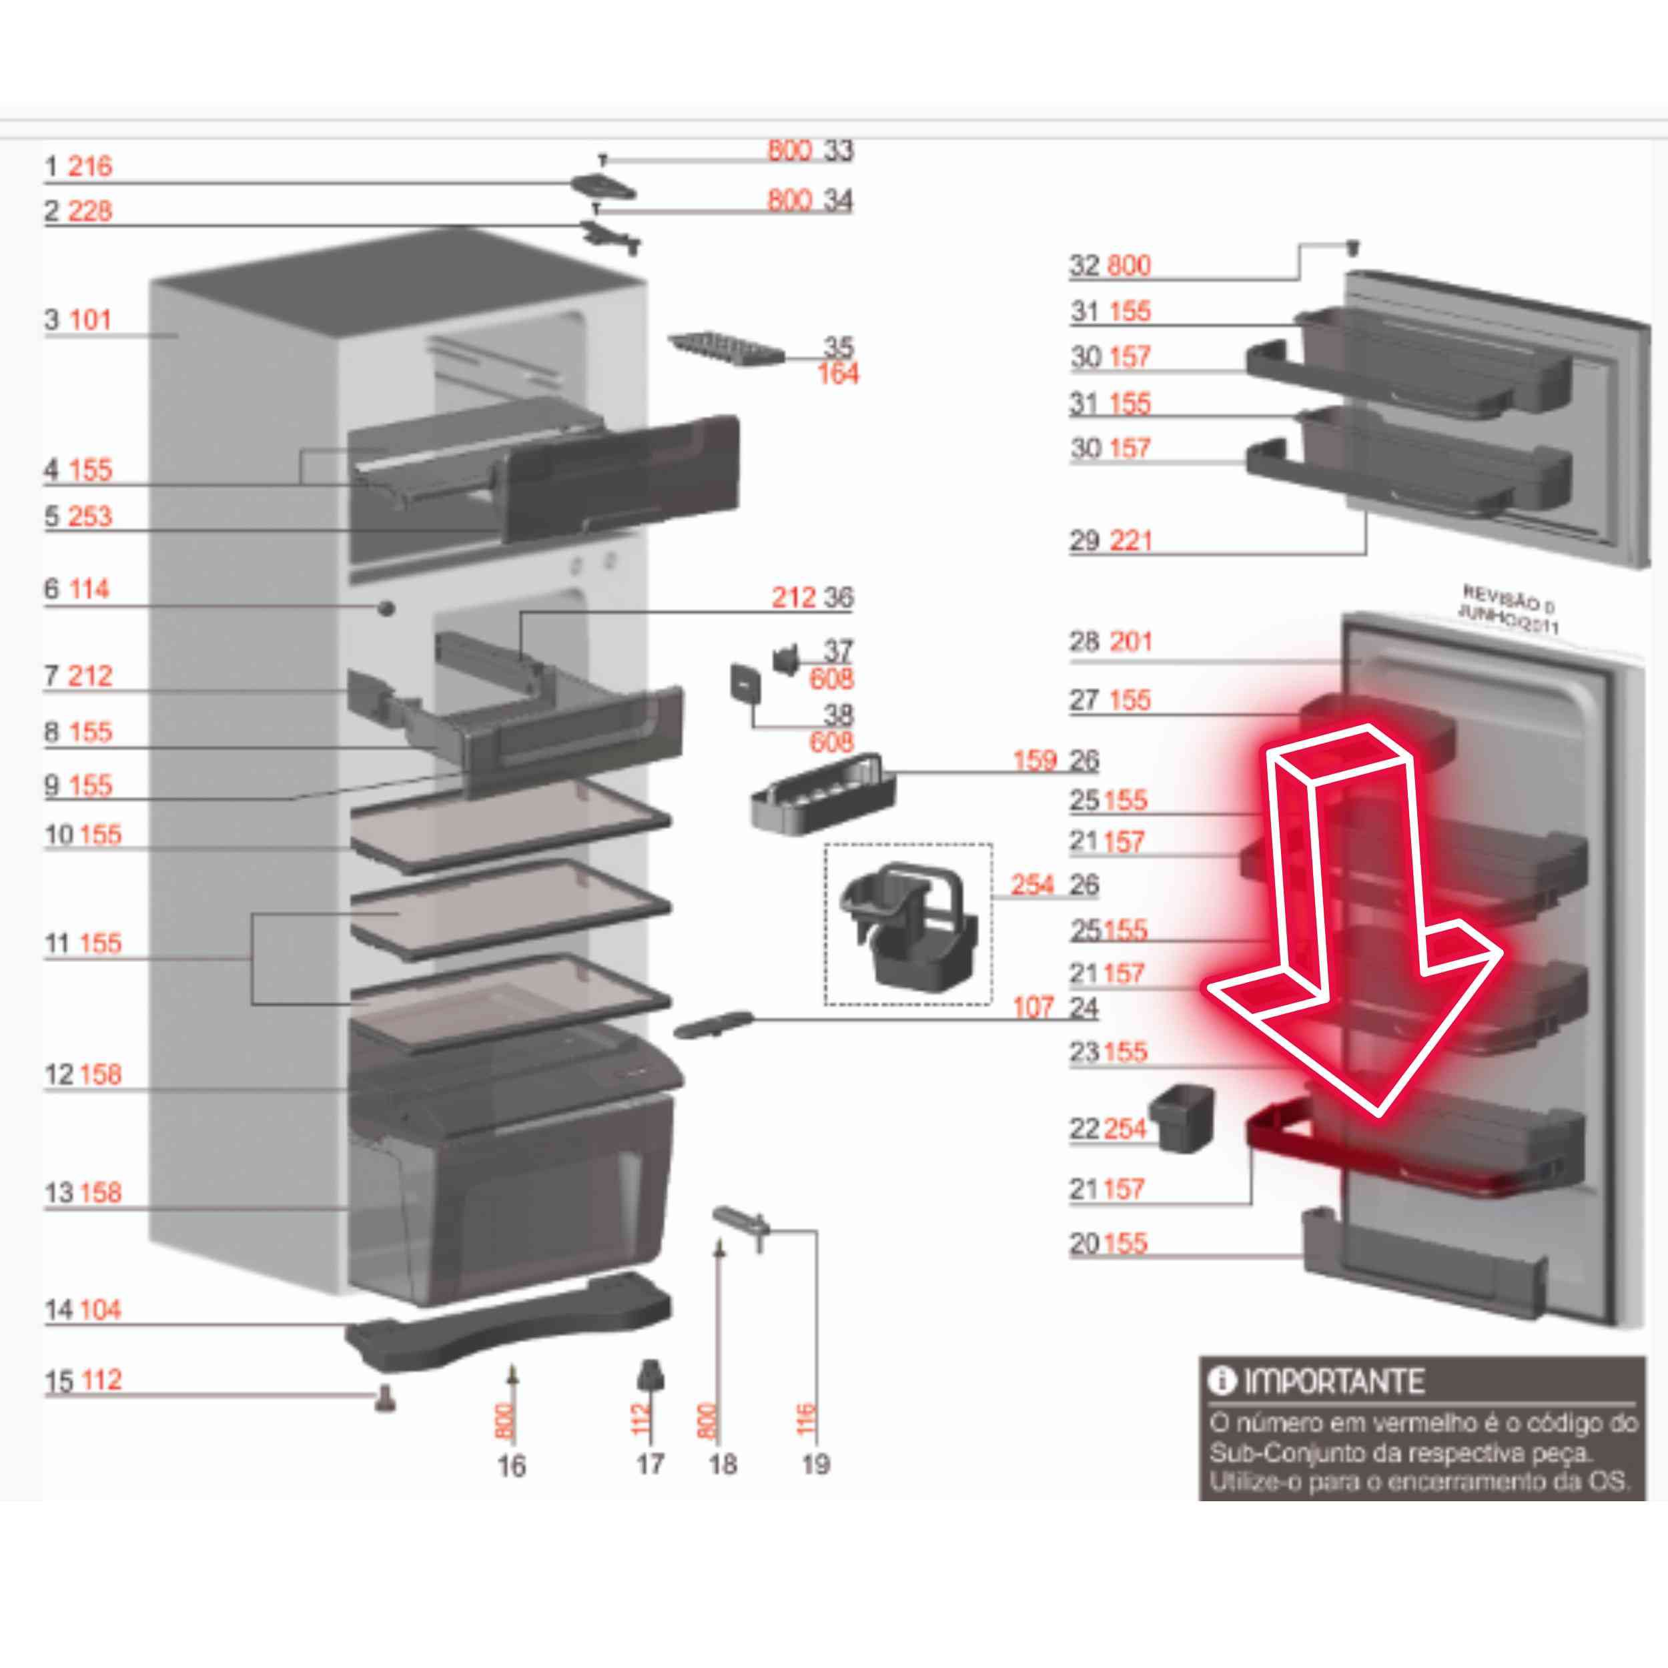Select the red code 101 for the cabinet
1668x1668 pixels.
[x=90, y=320]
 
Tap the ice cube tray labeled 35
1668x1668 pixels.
[x=725, y=352]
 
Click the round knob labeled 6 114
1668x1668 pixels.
[x=386, y=608]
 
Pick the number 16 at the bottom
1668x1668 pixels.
[x=511, y=1465]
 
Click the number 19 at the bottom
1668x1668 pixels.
[x=815, y=1465]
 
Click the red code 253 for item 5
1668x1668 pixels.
[x=90, y=516]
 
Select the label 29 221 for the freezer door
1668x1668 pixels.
[x=1110, y=541]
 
